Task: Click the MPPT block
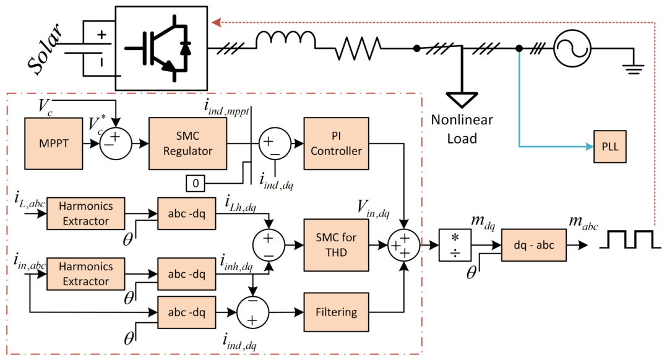click(54, 144)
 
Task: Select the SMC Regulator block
click(187, 144)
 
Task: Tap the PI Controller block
click(336, 144)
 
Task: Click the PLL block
click(610, 147)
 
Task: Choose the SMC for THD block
click(336, 245)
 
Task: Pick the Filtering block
click(336, 312)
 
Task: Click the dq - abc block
click(534, 245)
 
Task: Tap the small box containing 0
click(196, 183)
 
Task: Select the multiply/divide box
click(455, 245)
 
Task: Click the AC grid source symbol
click(572, 48)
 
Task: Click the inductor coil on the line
click(285, 40)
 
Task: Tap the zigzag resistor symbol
click(358, 48)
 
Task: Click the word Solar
click(45, 49)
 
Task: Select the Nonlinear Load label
click(462, 129)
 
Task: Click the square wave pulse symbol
click(630, 240)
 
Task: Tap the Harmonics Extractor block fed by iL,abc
click(85, 213)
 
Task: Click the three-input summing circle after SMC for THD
click(403, 245)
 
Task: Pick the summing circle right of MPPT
click(116, 144)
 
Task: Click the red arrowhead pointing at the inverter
click(216, 22)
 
